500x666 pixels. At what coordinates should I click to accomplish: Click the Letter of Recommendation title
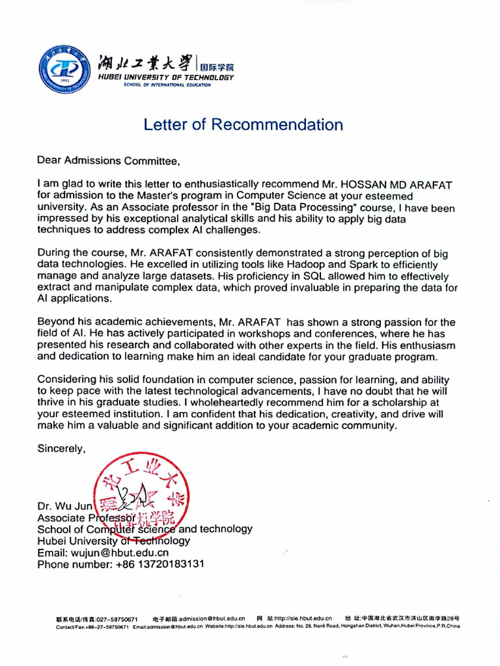point(243,124)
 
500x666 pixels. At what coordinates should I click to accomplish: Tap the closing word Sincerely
point(61,448)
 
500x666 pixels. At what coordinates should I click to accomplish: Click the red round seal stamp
point(140,497)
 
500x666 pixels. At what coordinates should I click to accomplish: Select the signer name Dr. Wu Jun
point(65,506)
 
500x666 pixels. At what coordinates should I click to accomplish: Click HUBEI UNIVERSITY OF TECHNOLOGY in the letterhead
point(165,77)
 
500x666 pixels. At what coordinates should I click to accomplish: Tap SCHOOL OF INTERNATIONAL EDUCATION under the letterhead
point(167,85)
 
